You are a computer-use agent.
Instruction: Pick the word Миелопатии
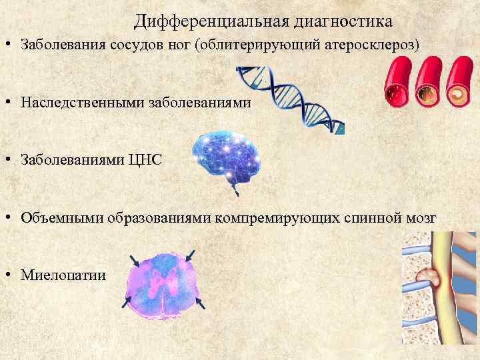(x=63, y=275)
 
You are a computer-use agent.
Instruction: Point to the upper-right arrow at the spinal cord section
(x=191, y=255)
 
